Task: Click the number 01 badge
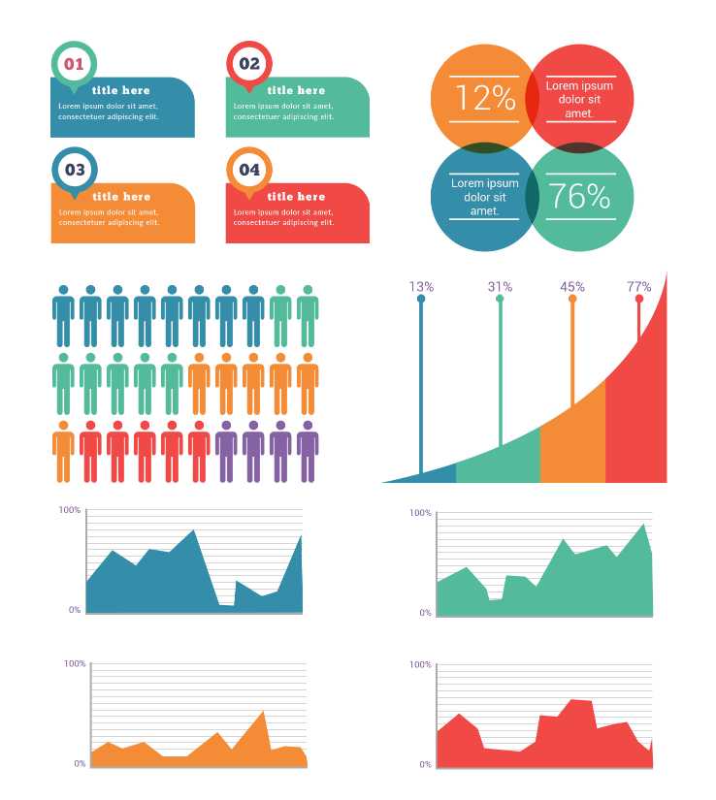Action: pos(74,65)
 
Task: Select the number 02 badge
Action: pos(249,65)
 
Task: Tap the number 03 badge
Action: pos(74,170)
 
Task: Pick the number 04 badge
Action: pos(249,170)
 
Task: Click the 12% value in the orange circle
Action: pos(484,98)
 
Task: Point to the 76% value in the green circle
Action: pos(580,197)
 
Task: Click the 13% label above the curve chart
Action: pos(421,287)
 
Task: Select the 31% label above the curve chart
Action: pos(500,287)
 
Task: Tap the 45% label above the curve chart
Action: pos(572,287)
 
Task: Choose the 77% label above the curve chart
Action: pos(638,287)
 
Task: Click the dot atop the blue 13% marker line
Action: pos(421,299)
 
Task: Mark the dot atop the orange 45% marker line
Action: pos(572,299)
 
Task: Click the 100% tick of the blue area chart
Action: pos(69,509)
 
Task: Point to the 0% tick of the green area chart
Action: pos(425,613)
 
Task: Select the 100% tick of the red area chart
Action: pos(420,665)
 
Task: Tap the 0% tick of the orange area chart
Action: pos(80,764)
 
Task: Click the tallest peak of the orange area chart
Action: pos(263,713)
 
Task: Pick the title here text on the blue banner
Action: pos(121,90)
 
